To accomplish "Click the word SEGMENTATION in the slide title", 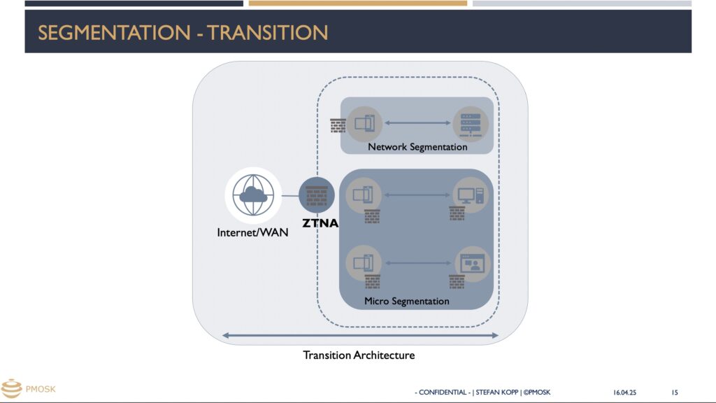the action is coord(114,33).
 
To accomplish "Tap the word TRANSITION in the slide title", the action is coord(267,33).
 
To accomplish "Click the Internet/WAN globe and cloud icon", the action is coord(253,195).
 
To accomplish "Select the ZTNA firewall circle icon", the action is coord(317,195).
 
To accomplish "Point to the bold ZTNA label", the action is coord(320,223).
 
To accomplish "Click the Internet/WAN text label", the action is coord(252,232).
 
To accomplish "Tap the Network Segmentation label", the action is coord(417,147).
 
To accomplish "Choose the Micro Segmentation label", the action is coord(406,301).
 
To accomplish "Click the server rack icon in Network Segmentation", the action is coord(471,125).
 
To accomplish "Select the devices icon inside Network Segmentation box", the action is coord(364,124).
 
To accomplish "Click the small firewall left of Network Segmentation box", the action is coord(338,126).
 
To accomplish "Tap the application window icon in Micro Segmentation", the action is coord(472,264).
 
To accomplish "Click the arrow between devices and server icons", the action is coord(417,123).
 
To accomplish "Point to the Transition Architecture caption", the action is coord(359,355).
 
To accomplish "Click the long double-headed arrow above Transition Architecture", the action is coord(360,335).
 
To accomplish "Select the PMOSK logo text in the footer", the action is coord(41,389).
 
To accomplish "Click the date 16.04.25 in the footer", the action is coord(624,393).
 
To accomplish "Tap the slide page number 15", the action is coord(675,393).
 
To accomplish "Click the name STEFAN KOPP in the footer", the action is coord(497,393).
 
